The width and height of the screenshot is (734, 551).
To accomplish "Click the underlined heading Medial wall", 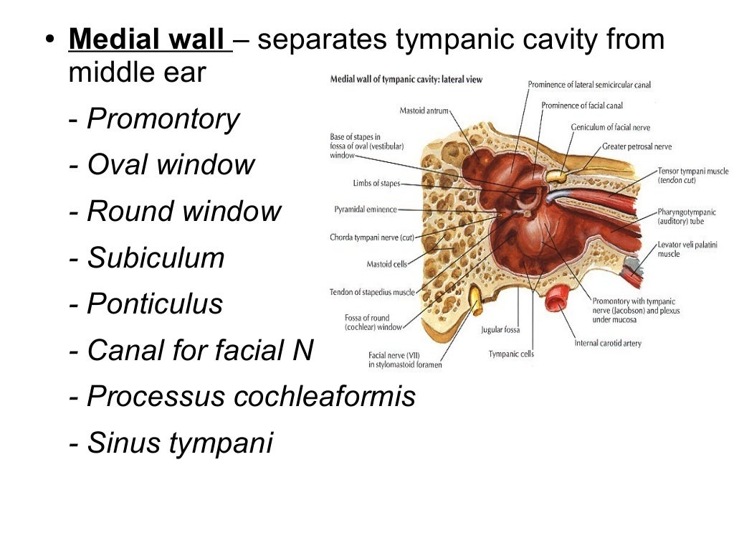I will (x=148, y=40).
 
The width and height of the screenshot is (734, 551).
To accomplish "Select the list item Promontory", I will (x=163, y=120).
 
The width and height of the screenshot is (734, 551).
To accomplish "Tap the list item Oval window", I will (x=171, y=166).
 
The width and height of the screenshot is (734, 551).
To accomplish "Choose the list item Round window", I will (x=184, y=212).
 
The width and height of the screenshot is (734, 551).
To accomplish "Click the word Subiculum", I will (x=156, y=258).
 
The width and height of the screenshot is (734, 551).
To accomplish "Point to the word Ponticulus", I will (x=155, y=304).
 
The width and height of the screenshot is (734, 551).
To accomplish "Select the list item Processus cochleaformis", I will (x=251, y=397).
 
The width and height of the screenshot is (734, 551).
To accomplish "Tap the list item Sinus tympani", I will (x=180, y=443).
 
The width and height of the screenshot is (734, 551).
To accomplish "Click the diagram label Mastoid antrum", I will (x=424, y=110).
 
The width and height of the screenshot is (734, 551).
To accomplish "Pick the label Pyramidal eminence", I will (x=366, y=209).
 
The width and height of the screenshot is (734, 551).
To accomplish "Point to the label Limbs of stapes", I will (x=376, y=184).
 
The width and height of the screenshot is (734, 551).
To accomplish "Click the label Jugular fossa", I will (x=500, y=330).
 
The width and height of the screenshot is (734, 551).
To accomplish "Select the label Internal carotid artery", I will (x=608, y=343).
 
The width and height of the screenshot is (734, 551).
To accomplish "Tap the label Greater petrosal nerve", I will (x=637, y=146).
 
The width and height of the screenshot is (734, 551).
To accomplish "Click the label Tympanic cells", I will (x=511, y=354).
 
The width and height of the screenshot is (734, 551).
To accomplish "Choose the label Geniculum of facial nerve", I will (x=611, y=127).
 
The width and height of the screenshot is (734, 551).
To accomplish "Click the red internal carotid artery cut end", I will (x=556, y=298).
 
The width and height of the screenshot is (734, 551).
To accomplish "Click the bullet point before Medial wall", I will (x=49, y=40).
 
